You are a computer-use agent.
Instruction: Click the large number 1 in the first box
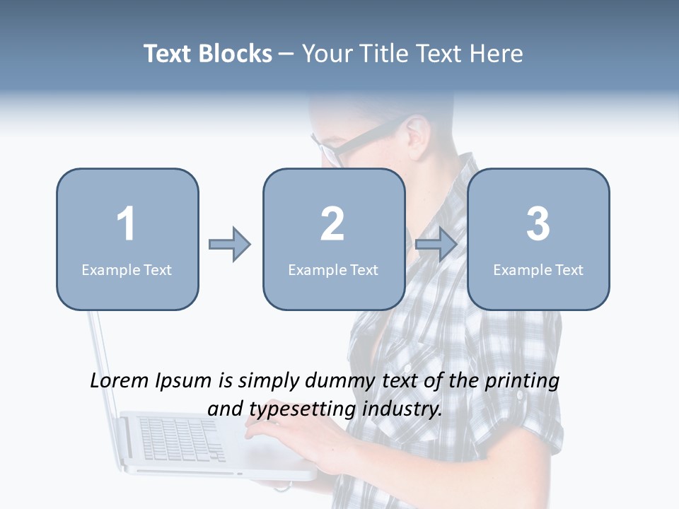tap(127, 224)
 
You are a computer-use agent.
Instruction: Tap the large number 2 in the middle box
tap(332, 224)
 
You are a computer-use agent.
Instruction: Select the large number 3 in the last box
tap(538, 224)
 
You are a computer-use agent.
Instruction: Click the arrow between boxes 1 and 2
tap(230, 245)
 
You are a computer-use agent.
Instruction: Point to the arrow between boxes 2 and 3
tap(436, 245)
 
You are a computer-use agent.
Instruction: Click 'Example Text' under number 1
tap(127, 270)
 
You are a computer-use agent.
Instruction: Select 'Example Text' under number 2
tap(333, 270)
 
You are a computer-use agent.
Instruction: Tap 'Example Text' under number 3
tap(538, 270)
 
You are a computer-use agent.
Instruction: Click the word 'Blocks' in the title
tap(236, 54)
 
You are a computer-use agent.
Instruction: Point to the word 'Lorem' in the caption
tap(120, 381)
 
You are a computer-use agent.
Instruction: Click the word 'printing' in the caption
tap(522, 381)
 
